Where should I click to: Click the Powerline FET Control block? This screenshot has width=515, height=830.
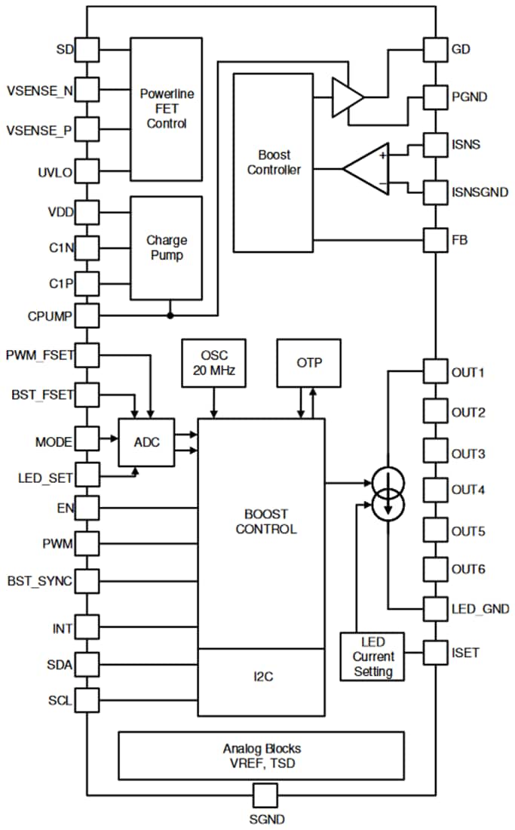[167, 109]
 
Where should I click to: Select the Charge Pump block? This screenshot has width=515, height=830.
[167, 247]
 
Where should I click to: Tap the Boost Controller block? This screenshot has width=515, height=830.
[274, 161]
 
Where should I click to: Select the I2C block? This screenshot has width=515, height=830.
[261, 677]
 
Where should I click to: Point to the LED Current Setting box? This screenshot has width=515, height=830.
[372, 656]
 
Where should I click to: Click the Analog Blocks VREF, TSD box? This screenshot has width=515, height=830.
[261, 755]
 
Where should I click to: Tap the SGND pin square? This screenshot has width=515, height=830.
[265, 795]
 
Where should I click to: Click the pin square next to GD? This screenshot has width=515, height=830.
[436, 50]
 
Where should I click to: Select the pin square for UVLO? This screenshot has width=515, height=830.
[87, 172]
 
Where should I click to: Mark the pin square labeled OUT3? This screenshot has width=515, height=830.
[436, 453]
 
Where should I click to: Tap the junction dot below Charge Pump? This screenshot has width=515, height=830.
[171, 315]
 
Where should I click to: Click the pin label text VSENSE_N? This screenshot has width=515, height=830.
[40, 91]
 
